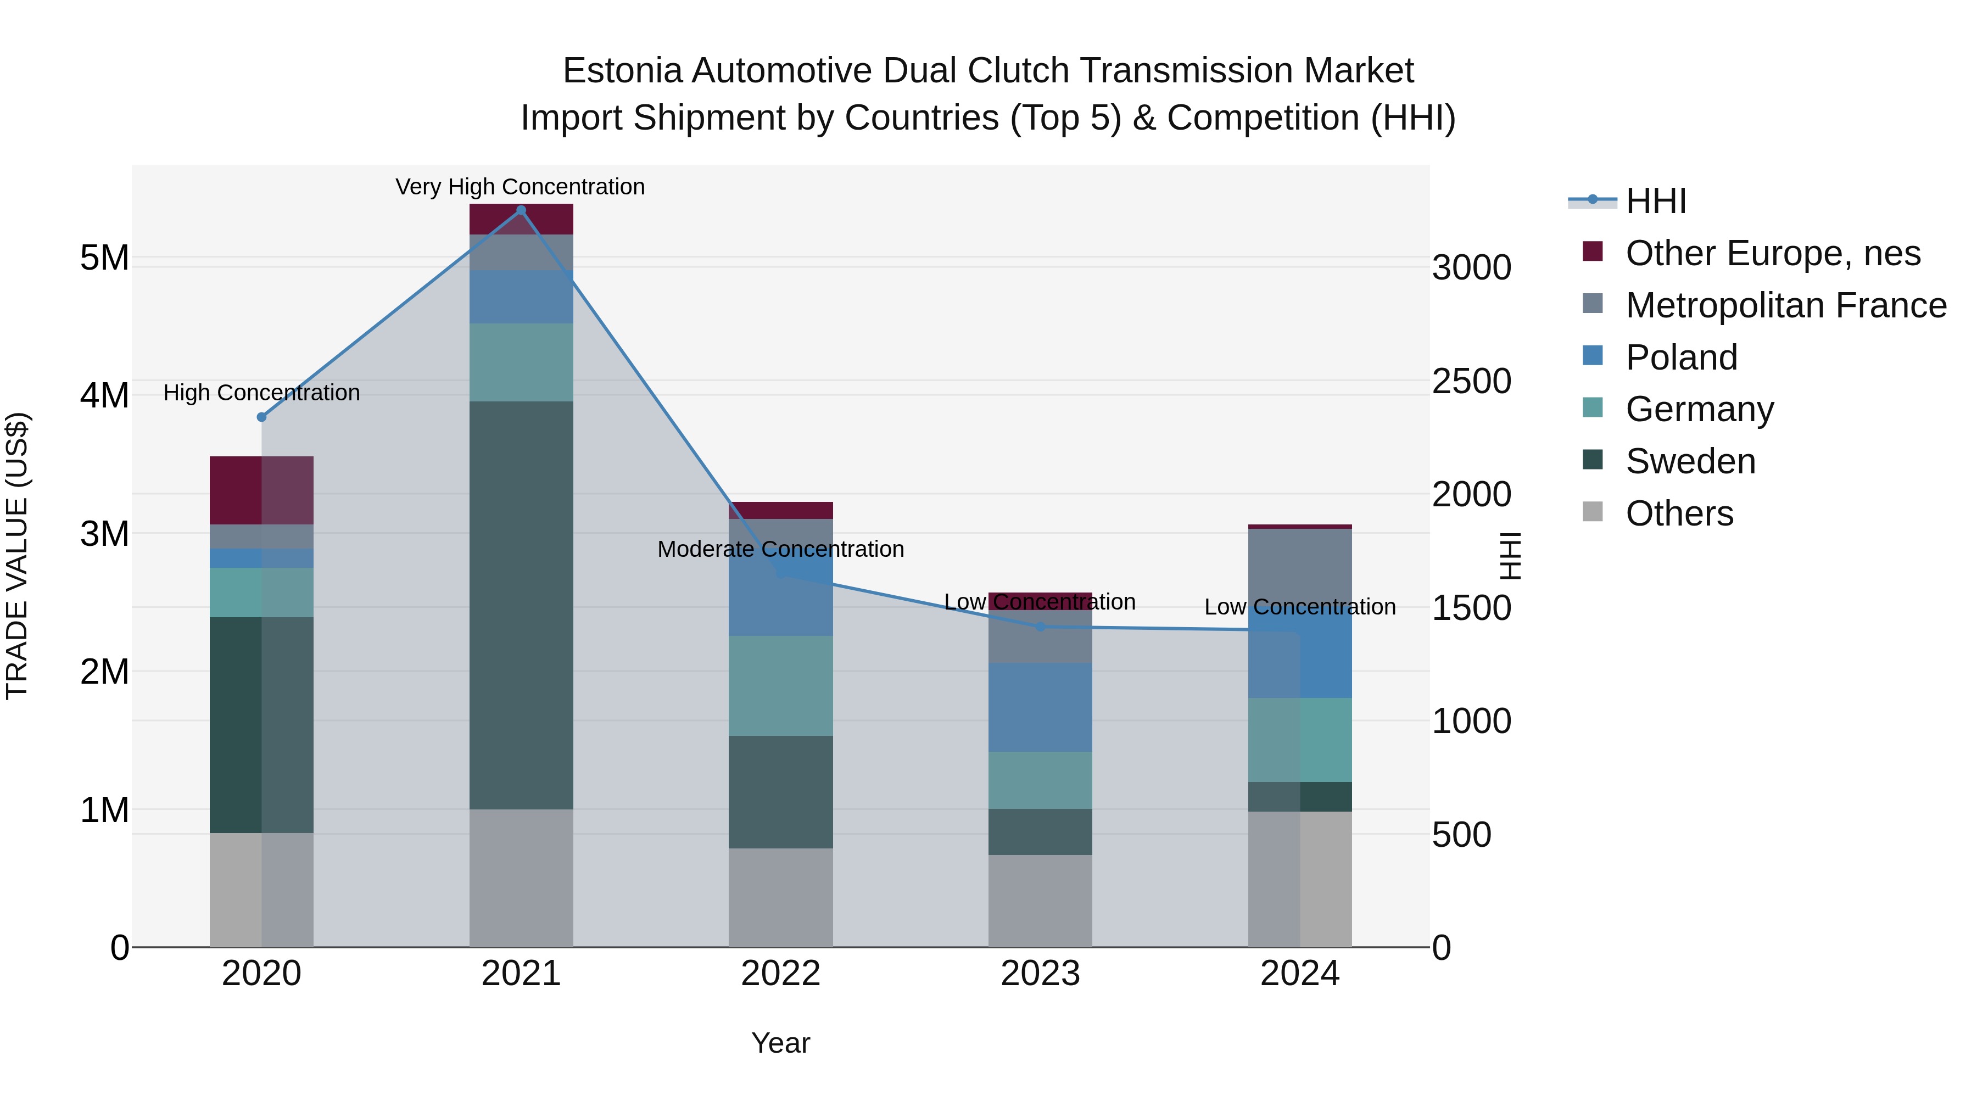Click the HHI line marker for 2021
tap(521, 210)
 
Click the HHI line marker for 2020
tap(262, 417)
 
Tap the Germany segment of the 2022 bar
tap(780, 685)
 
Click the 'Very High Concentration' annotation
tap(521, 187)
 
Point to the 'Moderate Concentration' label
tap(780, 550)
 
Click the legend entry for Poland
tap(1681, 357)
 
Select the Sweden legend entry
tap(1690, 461)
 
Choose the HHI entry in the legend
tap(1655, 201)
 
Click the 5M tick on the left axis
tap(104, 258)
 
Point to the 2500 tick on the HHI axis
tap(1471, 382)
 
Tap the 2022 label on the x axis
tap(780, 974)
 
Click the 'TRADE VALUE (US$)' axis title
tap(17, 556)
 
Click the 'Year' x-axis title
tap(780, 1043)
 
